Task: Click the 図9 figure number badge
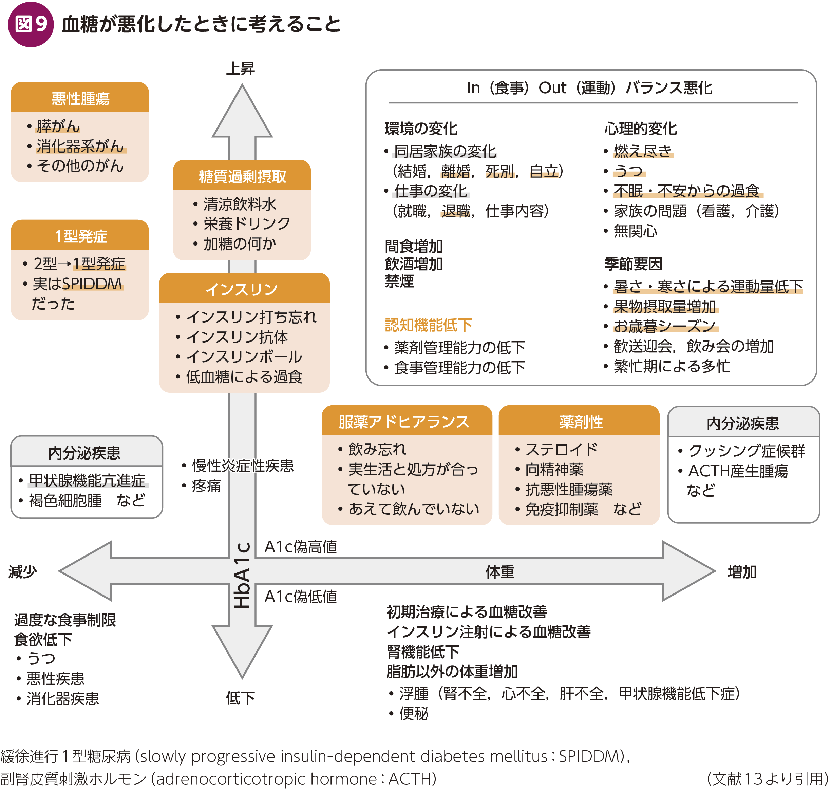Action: pyautogui.click(x=31, y=24)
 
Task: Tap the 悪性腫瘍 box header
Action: pyautogui.click(x=80, y=98)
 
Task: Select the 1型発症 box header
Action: pyautogui.click(x=80, y=236)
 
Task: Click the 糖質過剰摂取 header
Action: pyautogui.click(x=242, y=176)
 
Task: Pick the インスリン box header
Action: pyautogui.click(x=242, y=289)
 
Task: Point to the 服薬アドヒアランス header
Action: pyautogui.click(x=404, y=422)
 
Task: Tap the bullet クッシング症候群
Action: pyautogui.click(x=746, y=451)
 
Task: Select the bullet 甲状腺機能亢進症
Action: pyautogui.click(x=87, y=481)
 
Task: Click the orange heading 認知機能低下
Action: pyautogui.click(x=428, y=325)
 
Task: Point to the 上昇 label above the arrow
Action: pyautogui.click(x=240, y=69)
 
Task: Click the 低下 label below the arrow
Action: pyautogui.click(x=240, y=698)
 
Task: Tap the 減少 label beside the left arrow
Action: pyautogui.click(x=23, y=572)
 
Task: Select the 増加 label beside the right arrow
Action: pyautogui.click(x=742, y=572)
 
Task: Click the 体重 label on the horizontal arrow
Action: pyautogui.click(x=500, y=572)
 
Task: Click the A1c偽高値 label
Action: pyautogui.click(x=301, y=547)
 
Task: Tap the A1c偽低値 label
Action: pyautogui.click(x=301, y=596)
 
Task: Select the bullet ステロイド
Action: pyautogui.click(x=561, y=449)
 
